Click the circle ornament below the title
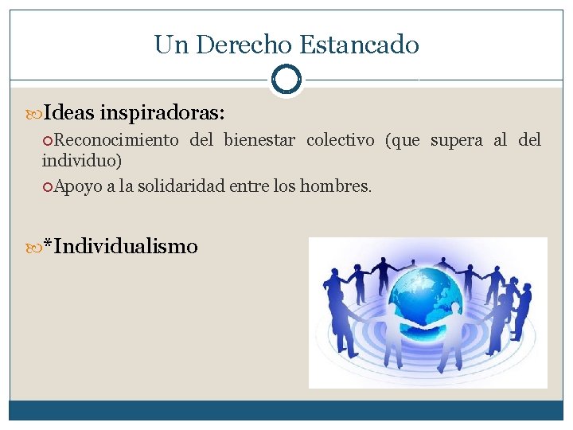(286, 79)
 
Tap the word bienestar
(259, 141)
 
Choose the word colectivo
(340, 141)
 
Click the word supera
(456, 141)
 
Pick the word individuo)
(82, 161)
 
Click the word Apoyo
(77, 186)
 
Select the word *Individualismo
(120, 247)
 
